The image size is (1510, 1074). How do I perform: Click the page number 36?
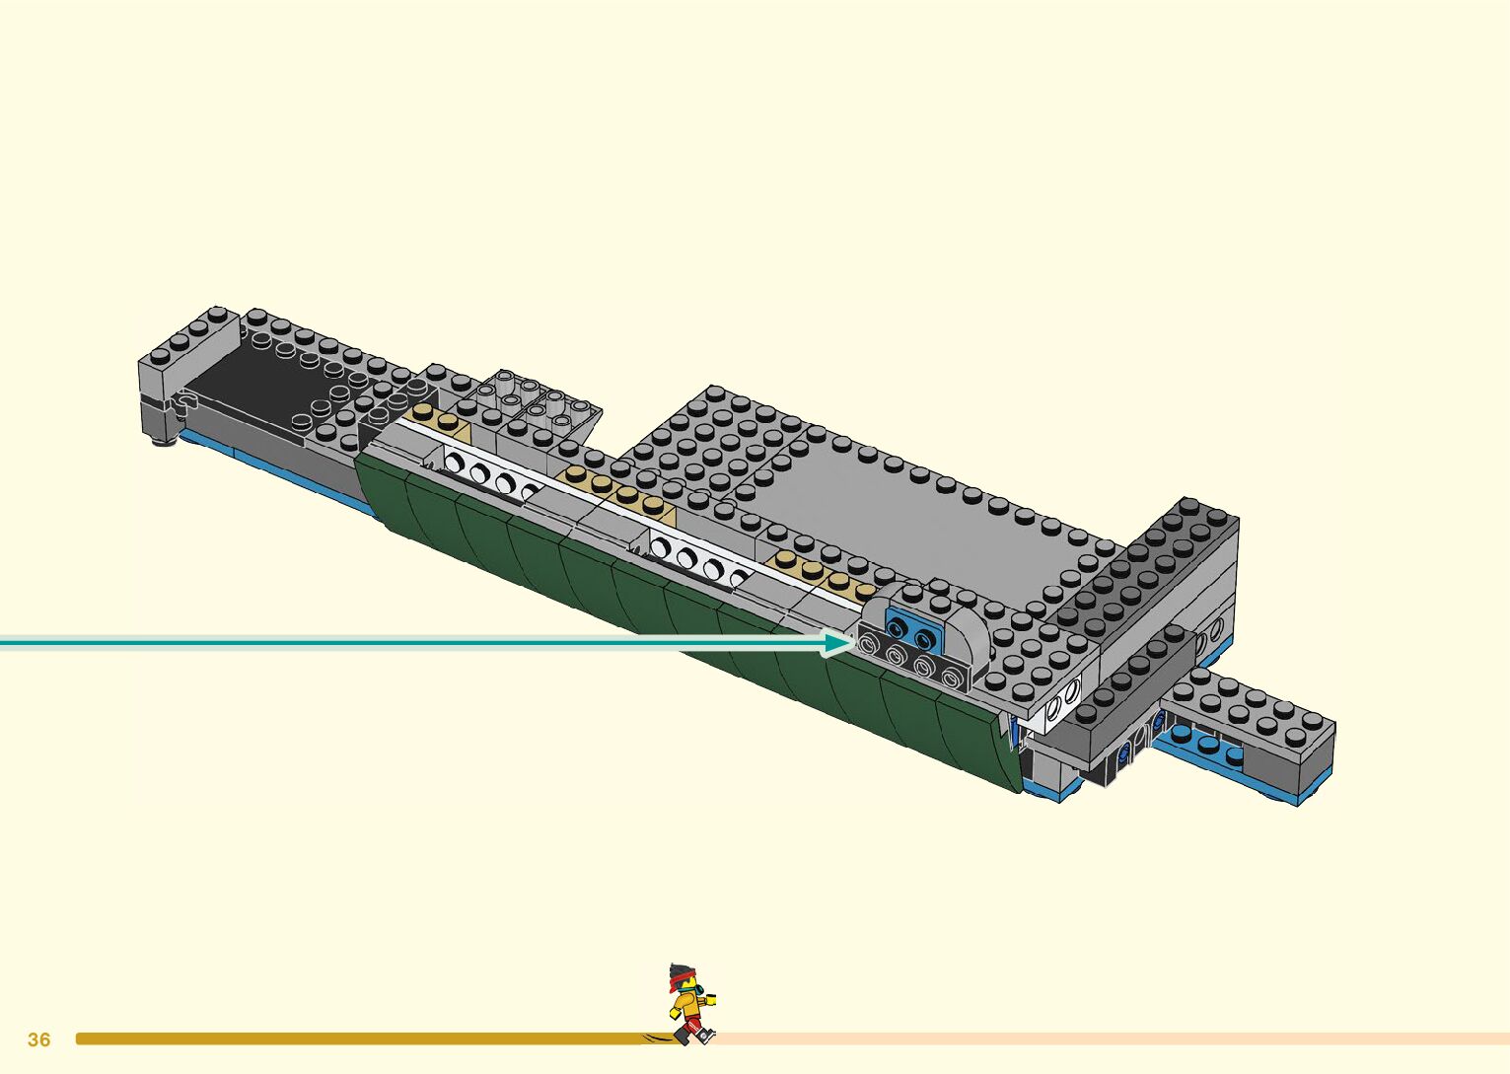pyautogui.click(x=38, y=1039)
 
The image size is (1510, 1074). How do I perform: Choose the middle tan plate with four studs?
pyautogui.click(x=615, y=491)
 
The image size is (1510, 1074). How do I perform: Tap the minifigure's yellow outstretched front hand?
pyautogui.click(x=710, y=999)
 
